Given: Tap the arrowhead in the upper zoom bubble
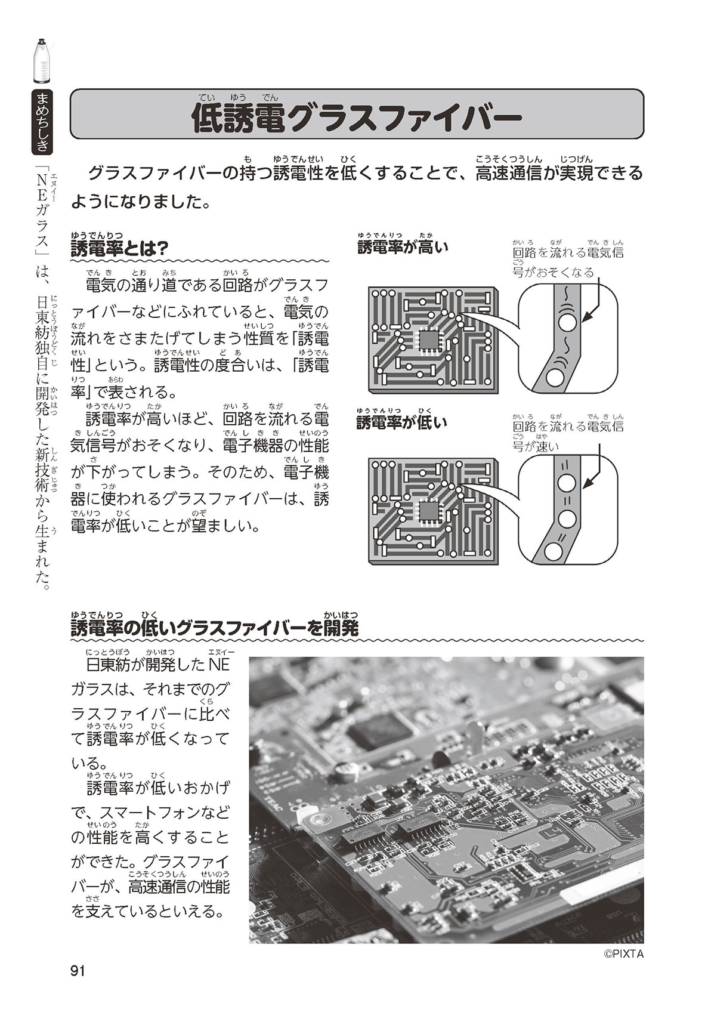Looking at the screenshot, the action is pos(585,320).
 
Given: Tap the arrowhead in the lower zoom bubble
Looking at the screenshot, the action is pos(585,486).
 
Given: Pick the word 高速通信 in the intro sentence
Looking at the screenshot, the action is pos(509,174).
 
